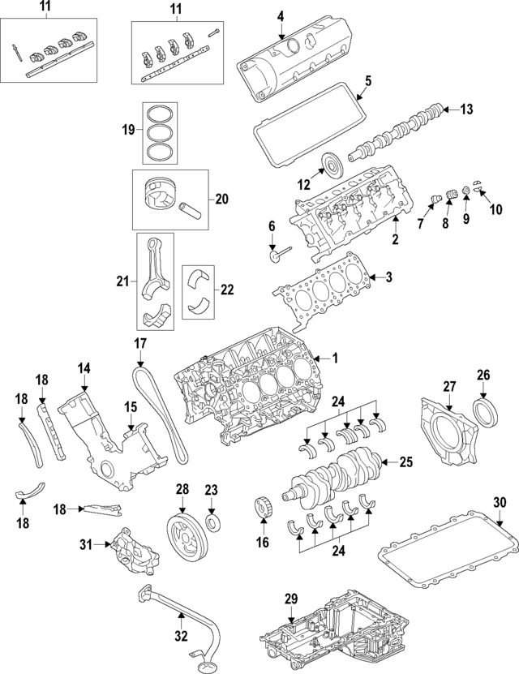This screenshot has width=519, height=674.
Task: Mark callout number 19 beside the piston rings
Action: pyautogui.click(x=127, y=129)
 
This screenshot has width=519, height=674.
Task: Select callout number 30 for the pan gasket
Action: pyautogui.click(x=500, y=501)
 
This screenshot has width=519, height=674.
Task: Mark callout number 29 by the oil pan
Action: pyautogui.click(x=291, y=599)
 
